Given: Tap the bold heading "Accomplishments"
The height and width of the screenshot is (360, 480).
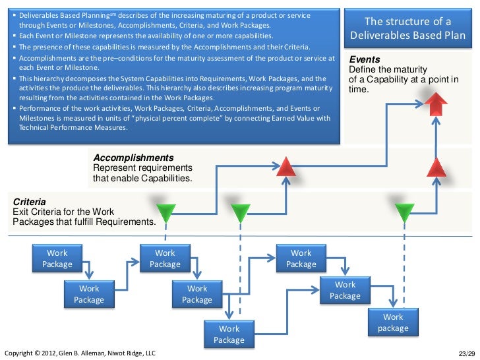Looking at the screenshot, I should click(x=134, y=158).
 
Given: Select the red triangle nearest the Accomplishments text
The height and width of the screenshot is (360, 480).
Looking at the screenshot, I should click(x=285, y=167).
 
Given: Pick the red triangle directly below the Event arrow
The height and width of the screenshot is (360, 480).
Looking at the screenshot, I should click(x=436, y=167).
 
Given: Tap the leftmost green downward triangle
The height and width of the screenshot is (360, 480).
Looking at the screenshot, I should click(x=166, y=212).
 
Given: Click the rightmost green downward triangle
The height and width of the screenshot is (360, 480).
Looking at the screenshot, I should click(x=404, y=212).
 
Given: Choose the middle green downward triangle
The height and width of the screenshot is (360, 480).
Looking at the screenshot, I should click(x=240, y=212).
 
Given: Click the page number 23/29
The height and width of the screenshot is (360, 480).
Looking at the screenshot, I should click(x=466, y=353).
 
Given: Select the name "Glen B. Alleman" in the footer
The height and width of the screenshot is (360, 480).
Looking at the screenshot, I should click(x=85, y=353).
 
